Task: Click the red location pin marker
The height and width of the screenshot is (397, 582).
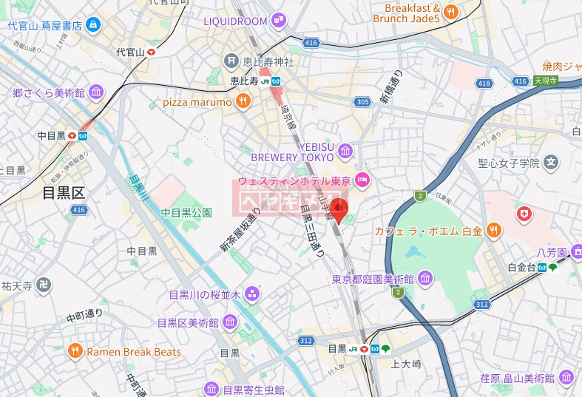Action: click(x=339, y=208)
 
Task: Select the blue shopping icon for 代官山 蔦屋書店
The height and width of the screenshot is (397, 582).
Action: click(x=93, y=26)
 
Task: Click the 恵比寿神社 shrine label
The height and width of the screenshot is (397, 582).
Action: click(x=260, y=60)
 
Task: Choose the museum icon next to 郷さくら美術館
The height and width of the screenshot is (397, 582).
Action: click(x=95, y=93)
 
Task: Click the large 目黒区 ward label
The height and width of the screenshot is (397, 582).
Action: click(x=64, y=194)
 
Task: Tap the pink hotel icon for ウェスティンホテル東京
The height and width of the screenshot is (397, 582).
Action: click(x=362, y=179)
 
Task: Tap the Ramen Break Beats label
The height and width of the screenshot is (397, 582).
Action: click(x=133, y=352)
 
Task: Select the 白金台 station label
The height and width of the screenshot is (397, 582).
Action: click(x=521, y=267)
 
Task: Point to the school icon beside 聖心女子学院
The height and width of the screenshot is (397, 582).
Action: click(x=551, y=162)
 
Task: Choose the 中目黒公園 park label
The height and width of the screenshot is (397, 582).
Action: click(x=186, y=212)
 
